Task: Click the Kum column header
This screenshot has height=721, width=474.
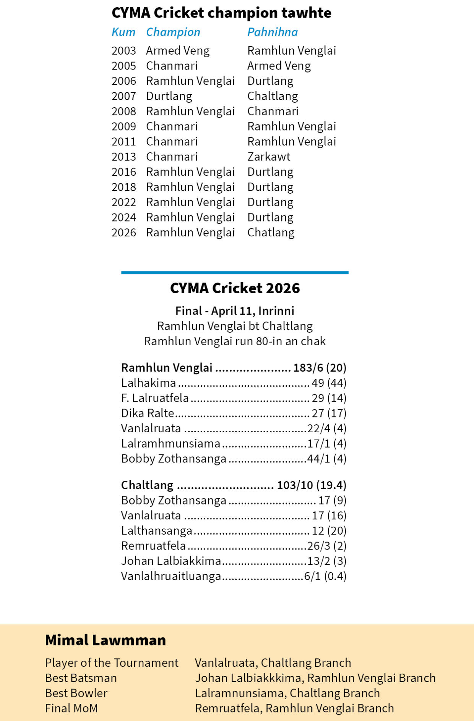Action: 123,32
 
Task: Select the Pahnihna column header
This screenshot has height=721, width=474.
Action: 272,32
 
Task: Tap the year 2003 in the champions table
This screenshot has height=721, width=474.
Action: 123,50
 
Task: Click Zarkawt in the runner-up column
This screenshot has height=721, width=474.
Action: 268,157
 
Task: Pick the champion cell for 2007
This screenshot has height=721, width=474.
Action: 169,96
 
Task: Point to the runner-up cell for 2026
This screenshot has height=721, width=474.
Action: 271,232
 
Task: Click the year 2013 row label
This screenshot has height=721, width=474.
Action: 123,157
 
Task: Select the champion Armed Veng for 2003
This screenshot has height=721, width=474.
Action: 178,50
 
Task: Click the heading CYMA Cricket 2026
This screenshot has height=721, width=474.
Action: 235,288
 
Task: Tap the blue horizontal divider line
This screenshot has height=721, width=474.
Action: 235,272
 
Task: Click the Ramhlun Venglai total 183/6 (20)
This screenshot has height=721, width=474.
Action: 320,367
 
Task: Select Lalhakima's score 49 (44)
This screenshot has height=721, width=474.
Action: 329,383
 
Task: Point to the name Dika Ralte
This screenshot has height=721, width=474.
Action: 148,413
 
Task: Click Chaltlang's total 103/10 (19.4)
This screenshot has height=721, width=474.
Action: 312,485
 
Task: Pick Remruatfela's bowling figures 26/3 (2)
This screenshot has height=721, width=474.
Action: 327,546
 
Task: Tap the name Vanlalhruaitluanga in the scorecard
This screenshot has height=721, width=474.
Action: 171,576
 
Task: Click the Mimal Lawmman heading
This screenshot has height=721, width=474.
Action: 106,640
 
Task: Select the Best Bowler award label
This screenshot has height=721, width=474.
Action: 76,693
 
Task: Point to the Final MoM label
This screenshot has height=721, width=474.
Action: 71,708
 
